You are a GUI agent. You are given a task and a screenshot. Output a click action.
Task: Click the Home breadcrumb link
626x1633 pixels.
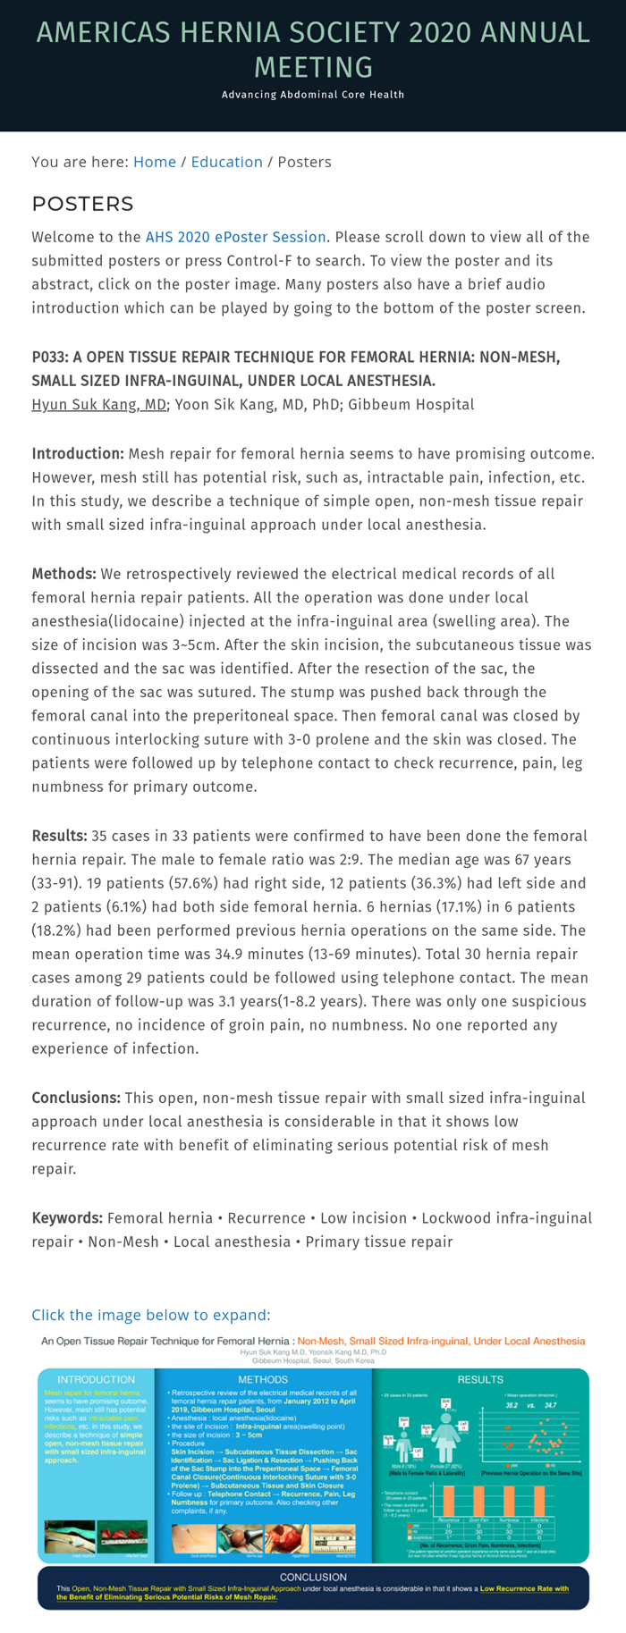coord(154,162)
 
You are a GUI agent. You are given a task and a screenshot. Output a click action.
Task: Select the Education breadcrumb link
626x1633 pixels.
coord(226,162)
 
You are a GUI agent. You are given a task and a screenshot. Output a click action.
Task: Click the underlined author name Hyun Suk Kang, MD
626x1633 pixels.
coord(98,404)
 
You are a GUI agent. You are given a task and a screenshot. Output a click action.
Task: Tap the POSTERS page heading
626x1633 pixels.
coord(82,204)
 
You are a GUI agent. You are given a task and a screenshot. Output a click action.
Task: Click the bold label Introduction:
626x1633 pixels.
coord(78,453)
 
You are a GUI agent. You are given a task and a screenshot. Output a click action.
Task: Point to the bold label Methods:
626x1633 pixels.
coord(64,573)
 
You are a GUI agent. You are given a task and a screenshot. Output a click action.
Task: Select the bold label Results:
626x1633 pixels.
coord(59,836)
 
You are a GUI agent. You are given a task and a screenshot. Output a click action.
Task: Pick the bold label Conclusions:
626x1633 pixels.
coord(76,1098)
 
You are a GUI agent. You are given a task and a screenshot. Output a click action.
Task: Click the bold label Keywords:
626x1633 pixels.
coord(67,1217)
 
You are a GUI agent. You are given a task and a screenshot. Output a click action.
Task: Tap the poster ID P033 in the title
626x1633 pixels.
coord(49,357)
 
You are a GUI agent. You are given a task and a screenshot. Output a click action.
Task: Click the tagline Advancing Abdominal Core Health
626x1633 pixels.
coord(313,95)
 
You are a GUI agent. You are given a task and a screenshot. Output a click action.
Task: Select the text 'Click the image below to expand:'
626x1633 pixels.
coord(150,1315)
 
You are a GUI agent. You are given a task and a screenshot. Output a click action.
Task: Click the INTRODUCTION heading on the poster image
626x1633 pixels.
coord(96,1379)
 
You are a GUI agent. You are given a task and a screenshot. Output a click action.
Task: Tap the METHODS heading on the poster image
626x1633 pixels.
coord(263,1379)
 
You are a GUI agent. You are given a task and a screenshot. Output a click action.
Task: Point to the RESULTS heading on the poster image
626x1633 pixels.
coord(480,1379)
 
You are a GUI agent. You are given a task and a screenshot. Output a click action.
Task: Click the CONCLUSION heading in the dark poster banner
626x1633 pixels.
coord(313,1577)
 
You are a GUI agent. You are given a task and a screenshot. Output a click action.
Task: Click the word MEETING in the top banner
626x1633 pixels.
coord(313,66)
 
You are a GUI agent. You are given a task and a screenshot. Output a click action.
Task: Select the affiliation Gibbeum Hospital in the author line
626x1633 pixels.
coord(411,404)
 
